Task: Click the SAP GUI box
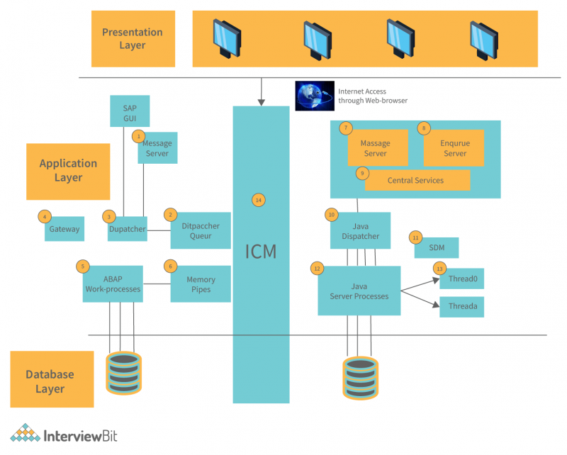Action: click(x=130, y=112)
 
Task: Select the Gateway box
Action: click(x=64, y=229)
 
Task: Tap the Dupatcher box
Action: click(x=127, y=229)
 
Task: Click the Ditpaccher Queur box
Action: click(x=201, y=230)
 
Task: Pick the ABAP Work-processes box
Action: click(x=113, y=283)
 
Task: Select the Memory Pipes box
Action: click(x=201, y=283)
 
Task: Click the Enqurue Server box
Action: click(x=454, y=148)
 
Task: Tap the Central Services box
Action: click(x=417, y=180)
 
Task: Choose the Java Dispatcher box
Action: click(x=360, y=231)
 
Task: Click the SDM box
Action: click(x=437, y=247)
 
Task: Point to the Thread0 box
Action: click(x=462, y=279)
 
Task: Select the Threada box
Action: click(x=462, y=307)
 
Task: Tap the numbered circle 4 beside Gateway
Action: click(x=44, y=216)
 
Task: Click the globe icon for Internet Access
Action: click(x=315, y=96)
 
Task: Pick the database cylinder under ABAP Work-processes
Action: click(x=123, y=373)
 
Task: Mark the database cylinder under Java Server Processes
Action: click(x=361, y=376)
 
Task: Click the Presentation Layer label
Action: click(x=133, y=39)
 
